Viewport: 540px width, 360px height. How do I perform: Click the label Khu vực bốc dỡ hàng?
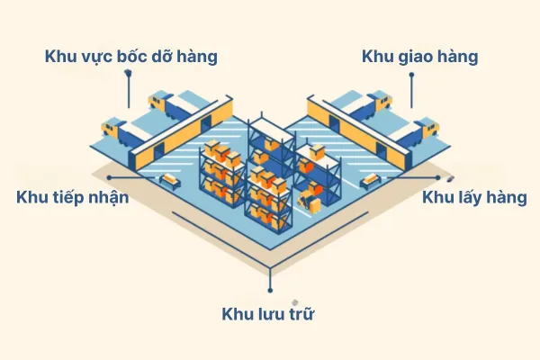130,56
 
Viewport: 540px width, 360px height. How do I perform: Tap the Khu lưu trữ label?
268,313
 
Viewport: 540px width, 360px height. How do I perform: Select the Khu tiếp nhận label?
73,197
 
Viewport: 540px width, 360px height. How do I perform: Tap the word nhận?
109,198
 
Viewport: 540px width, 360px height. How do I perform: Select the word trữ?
301,313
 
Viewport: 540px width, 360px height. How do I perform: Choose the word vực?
97,58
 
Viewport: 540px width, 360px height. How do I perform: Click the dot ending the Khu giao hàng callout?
411,75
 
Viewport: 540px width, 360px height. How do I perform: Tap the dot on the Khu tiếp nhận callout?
109,178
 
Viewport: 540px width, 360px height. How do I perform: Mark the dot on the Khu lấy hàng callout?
437,178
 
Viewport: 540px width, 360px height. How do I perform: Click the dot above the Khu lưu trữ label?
270,291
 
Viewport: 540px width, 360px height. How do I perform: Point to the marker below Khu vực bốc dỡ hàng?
129,72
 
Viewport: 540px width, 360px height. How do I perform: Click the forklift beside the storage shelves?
310,202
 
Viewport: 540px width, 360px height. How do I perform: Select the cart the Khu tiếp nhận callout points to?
170,180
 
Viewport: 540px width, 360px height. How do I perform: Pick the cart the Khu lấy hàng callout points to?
370,181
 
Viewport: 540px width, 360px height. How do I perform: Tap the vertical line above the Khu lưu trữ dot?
270,277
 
